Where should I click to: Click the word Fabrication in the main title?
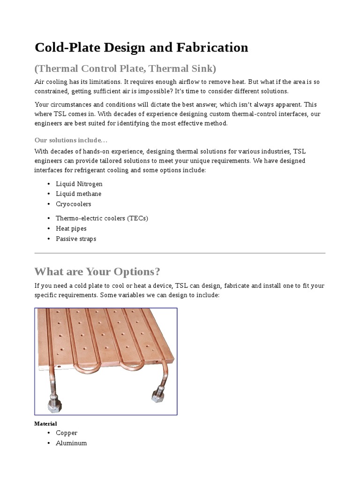click(211, 47)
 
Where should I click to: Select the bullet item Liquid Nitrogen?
click(79, 184)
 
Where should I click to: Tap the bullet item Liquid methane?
click(78, 194)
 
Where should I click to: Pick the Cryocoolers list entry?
click(73, 204)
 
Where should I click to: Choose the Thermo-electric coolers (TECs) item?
click(102, 218)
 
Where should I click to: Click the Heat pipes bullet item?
click(71, 228)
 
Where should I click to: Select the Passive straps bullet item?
click(75, 239)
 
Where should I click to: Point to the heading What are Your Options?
click(97, 272)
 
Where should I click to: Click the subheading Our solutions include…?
click(71, 140)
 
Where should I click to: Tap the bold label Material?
click(45, 424)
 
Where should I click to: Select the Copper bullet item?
click(67, 433)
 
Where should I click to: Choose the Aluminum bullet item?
click(71, 443)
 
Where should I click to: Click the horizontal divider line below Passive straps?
click(180, 253)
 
